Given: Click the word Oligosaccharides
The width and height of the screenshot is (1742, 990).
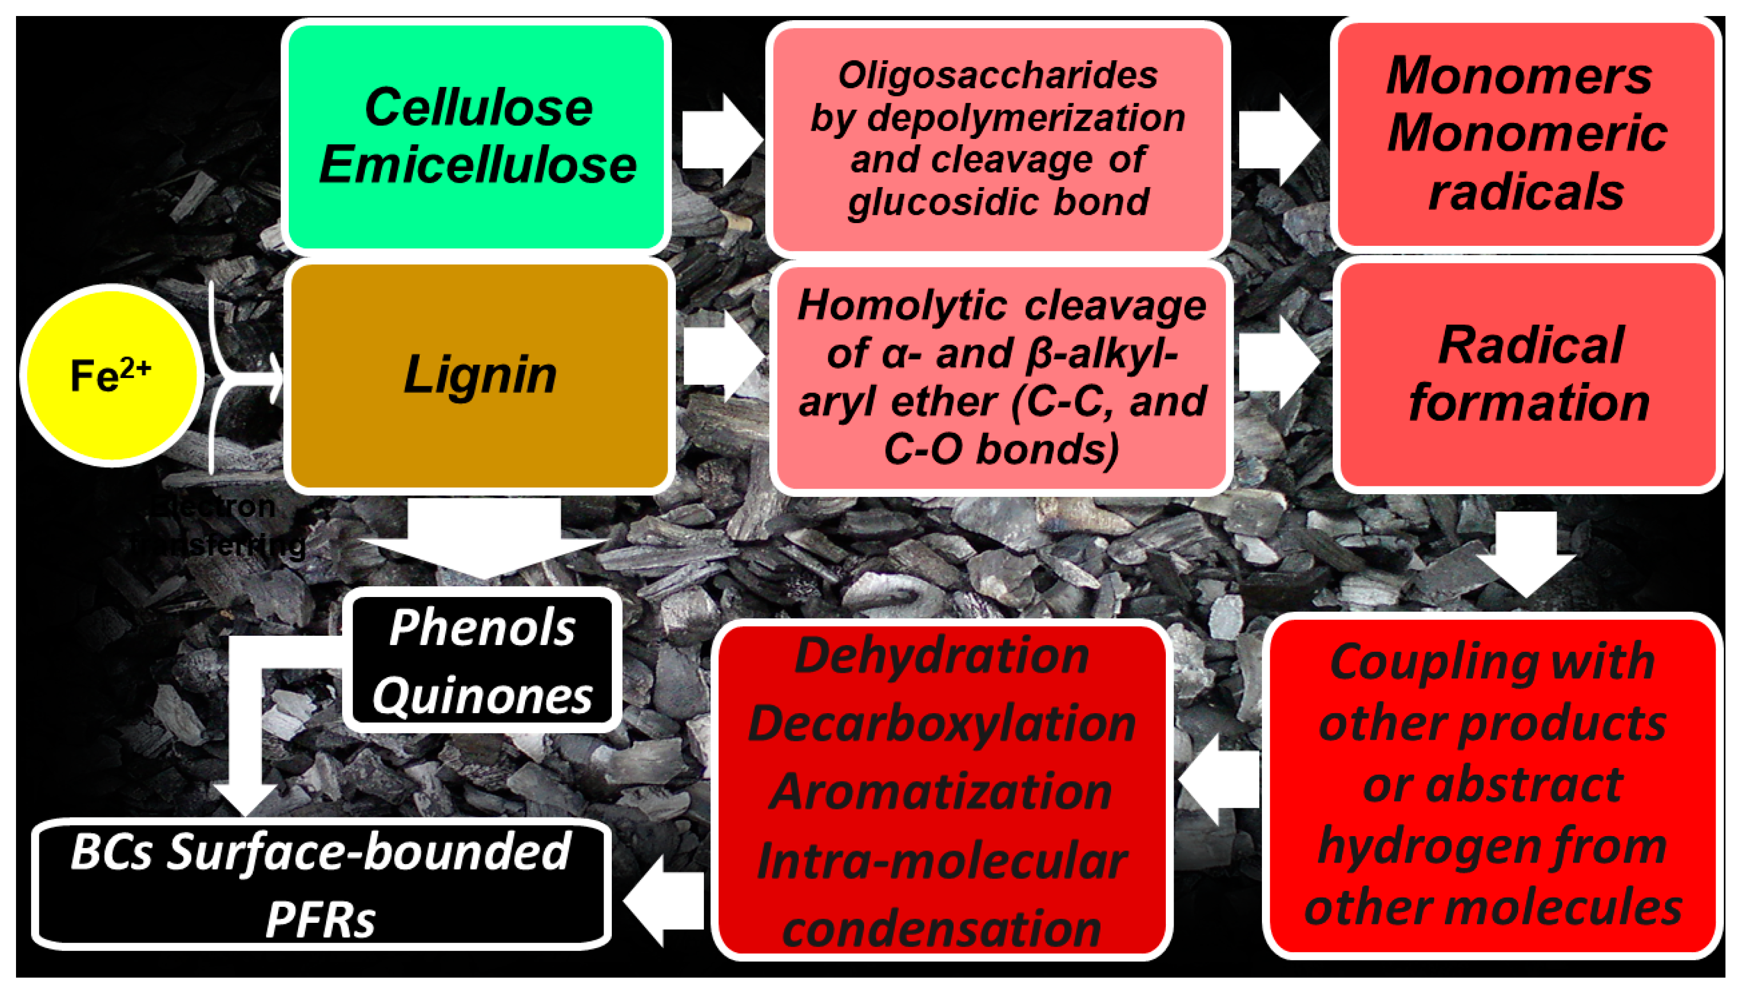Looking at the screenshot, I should click(997, 75).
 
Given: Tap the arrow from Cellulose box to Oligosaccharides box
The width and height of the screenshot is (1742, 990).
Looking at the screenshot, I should click(721, 139).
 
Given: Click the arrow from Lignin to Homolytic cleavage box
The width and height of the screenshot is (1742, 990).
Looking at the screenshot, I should click(722, 357).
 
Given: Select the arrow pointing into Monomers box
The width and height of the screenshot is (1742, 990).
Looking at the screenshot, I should click(1277, 139).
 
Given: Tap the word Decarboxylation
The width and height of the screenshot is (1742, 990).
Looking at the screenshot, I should click(942, 724).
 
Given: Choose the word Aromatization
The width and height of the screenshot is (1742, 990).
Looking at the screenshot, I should click(942, 792).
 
